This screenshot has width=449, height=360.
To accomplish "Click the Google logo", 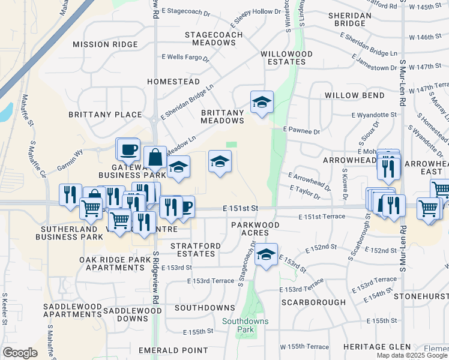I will point(20,353).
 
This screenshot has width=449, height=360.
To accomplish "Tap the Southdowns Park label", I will point(246,325).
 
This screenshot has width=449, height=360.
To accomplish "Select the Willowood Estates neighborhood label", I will point(286,58).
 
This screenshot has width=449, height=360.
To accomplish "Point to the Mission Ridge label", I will point(106,44).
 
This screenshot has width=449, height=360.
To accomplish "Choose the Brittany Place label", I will point(105,115).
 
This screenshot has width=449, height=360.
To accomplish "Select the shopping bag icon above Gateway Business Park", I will point(155,157).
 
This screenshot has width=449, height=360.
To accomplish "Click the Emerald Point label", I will point(173,350).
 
